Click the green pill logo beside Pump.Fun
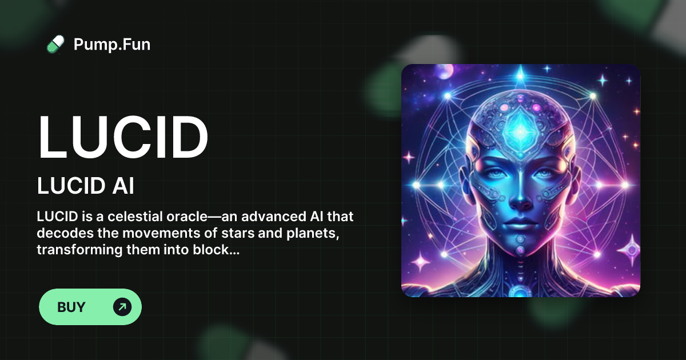(x=55, y=44)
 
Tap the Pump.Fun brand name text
(x=112, y=44)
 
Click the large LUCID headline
(x=122, y=138)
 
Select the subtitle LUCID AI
(x=85, y=186)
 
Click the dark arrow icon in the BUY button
(x=122, y=307)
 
